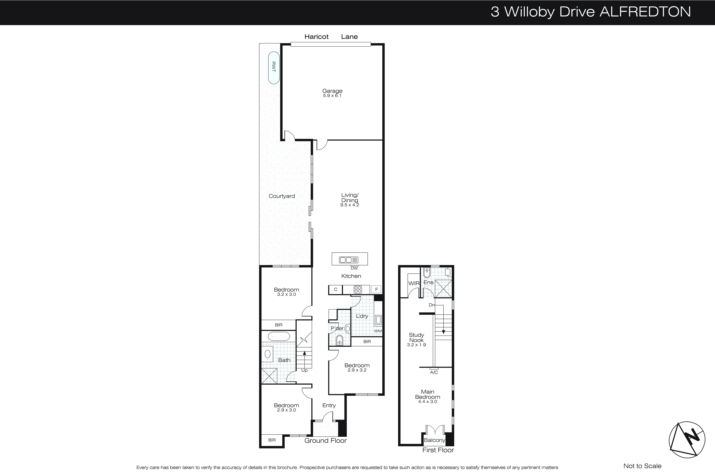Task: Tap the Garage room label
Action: point(332,91)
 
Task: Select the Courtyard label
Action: point(282,196)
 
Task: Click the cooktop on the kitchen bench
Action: point(358,290)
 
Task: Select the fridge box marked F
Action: point(376,290)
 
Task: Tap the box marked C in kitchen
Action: point(335,290)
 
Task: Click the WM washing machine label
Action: point(378,331)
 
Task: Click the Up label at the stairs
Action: point(304,370)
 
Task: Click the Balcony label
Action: point(434,440)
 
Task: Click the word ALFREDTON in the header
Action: point(645,12)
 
